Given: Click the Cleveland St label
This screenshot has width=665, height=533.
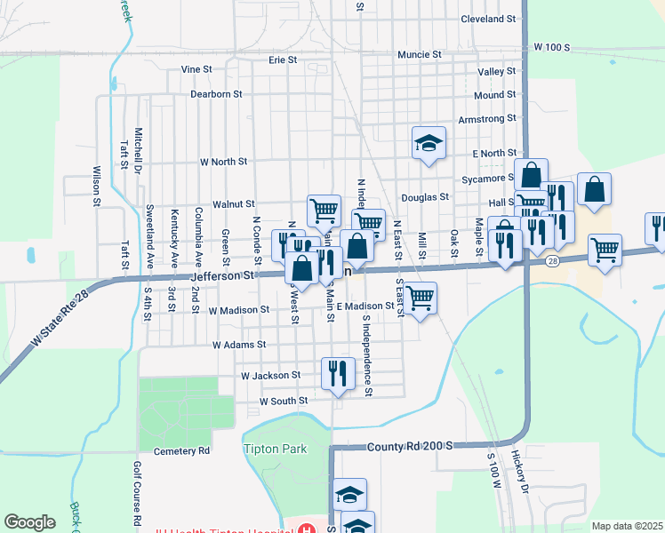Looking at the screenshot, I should coord(488,19).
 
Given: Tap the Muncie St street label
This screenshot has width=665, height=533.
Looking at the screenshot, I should coord(420,55).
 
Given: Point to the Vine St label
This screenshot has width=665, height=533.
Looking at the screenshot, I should coord(196,69).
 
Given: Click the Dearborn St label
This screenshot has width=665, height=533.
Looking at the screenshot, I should coord(216,94).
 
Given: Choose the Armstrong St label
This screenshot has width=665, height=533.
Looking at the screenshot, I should coord(486,119).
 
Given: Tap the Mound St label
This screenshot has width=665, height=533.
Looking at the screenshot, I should coord(494,95).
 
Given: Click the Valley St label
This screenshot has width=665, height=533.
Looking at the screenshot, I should coord(496,72).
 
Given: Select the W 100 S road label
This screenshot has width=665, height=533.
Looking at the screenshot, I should coord(551,46).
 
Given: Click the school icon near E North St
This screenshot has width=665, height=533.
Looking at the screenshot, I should coord(429,142).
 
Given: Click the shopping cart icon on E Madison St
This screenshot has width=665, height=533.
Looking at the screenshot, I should coord(420,298).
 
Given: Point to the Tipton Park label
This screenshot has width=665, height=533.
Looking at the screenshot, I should coord(275,449).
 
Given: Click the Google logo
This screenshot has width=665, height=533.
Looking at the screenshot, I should coord(29,521).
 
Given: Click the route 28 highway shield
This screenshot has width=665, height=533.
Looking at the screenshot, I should coord(552,260).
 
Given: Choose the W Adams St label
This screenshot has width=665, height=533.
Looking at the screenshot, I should coord(239,344).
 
